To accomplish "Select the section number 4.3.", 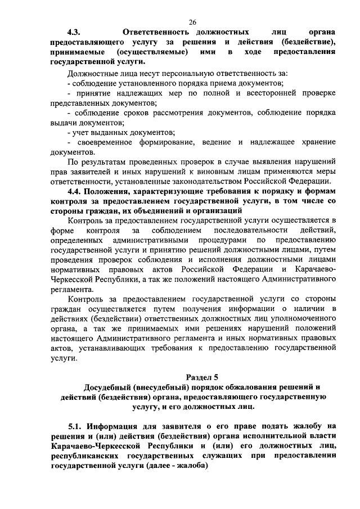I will click(x=75, y=33).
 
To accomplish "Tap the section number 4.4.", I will click(x=75, y=192).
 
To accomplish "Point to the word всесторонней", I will click(x=254, y=93).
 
